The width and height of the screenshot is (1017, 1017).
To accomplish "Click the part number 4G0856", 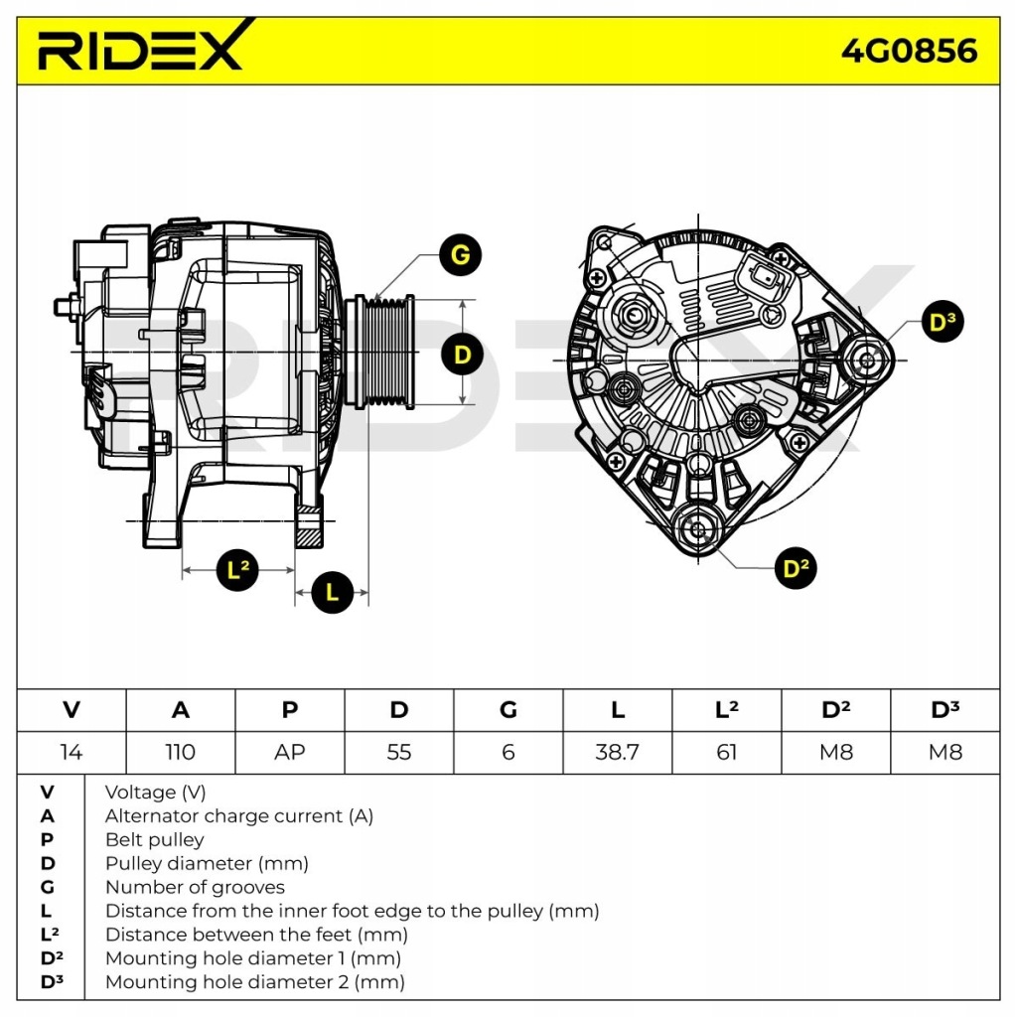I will pos(909,50).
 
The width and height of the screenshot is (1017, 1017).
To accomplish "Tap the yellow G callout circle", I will pos(460,256).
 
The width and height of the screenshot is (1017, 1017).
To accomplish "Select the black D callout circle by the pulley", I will pos(462,354).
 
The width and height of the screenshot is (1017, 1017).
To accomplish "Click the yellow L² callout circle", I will pos(237,570).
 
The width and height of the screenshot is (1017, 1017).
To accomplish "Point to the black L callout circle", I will pos(333,593).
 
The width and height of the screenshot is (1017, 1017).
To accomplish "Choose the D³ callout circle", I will pos(942,322).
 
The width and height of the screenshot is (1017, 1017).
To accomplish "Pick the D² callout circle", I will pos(795,568).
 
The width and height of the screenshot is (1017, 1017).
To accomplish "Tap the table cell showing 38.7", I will pos(617,752).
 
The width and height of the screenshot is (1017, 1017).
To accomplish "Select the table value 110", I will pos(180,752).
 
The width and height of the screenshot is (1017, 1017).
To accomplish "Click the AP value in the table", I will pos(289,752).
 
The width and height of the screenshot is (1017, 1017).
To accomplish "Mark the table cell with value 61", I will pos(726,752).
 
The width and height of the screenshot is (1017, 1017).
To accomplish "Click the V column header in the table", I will pos(71,710).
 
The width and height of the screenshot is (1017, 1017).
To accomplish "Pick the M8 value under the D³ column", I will pos(944,752).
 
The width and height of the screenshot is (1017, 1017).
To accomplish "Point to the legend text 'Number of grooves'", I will pos(195,887).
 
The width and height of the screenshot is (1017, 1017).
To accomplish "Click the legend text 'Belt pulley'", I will pos(154,839).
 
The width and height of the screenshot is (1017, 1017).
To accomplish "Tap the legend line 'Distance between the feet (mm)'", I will pos(256,935).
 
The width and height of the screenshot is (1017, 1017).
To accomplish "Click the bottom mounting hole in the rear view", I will pos(698,528).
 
